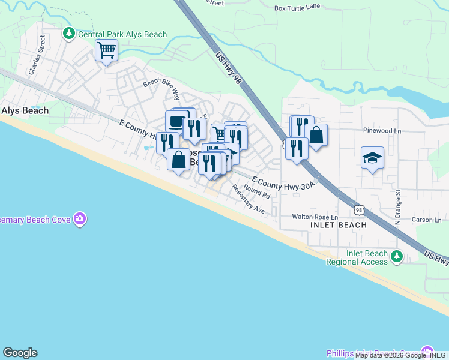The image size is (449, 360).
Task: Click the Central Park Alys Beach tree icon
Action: click(70, 34)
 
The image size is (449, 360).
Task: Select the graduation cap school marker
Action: click(372, 158)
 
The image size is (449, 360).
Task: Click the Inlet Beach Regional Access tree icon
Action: click(396, 257)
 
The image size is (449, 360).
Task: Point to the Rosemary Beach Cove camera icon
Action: click(80, 219)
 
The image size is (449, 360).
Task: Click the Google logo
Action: click(20, 353)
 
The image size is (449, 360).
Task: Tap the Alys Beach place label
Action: click(25, 110)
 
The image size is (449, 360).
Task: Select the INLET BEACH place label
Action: click(338, 225)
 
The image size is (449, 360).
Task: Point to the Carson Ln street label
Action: click(427, 220)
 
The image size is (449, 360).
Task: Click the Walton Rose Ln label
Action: click(315, 217)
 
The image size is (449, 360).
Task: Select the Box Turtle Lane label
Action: click(298, 8)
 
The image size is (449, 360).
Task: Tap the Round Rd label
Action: click(257, 193)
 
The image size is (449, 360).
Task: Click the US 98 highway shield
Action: click(359, 209)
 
